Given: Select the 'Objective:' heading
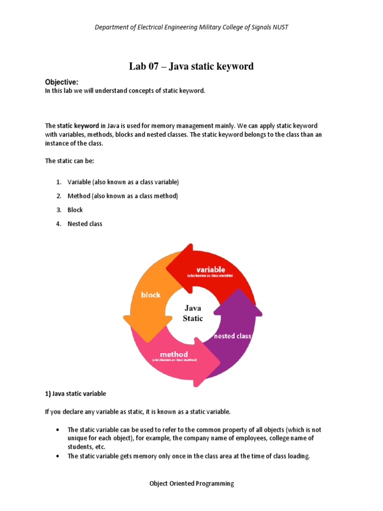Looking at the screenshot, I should (62, 82).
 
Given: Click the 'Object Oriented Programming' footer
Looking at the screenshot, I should (191, 484).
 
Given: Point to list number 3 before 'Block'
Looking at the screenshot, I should (58, 210).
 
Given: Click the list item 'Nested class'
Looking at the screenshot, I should (85, 224).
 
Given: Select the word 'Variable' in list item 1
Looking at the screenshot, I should (80, 182).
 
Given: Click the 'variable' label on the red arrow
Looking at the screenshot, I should (210, 269).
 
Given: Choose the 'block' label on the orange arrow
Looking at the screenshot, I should (151, 295).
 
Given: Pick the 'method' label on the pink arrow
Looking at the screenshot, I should (174, 354).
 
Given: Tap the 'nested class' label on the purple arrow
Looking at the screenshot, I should (232, 336).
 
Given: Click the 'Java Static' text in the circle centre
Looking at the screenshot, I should (193, 313).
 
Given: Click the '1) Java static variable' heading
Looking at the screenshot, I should (76, 394).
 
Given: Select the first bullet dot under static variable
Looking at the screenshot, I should (58, 430).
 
